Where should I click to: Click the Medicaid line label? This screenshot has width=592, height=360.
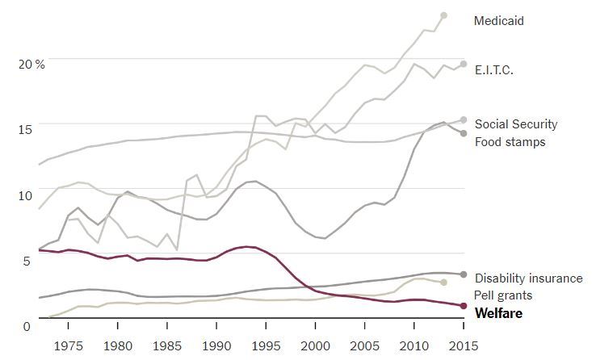point(498,21)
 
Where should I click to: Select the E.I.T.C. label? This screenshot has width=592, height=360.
point(493,70)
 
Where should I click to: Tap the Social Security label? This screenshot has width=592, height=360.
point(515,124)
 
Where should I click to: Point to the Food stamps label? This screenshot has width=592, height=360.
point(510,142)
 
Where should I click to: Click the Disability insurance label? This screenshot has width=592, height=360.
point(528,278)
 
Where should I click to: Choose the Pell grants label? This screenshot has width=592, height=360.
point(502,295)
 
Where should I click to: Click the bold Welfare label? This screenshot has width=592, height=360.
point(498,313)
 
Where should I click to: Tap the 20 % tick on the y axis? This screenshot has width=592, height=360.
point(32,64)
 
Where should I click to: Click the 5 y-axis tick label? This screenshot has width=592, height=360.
point(27,261)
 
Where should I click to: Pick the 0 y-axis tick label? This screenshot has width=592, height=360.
point(27,326)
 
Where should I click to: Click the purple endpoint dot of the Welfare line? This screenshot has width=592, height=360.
point(464,306)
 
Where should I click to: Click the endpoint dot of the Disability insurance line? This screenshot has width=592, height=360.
point(464,274)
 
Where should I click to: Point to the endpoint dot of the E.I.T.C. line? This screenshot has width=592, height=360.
point(464,64)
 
